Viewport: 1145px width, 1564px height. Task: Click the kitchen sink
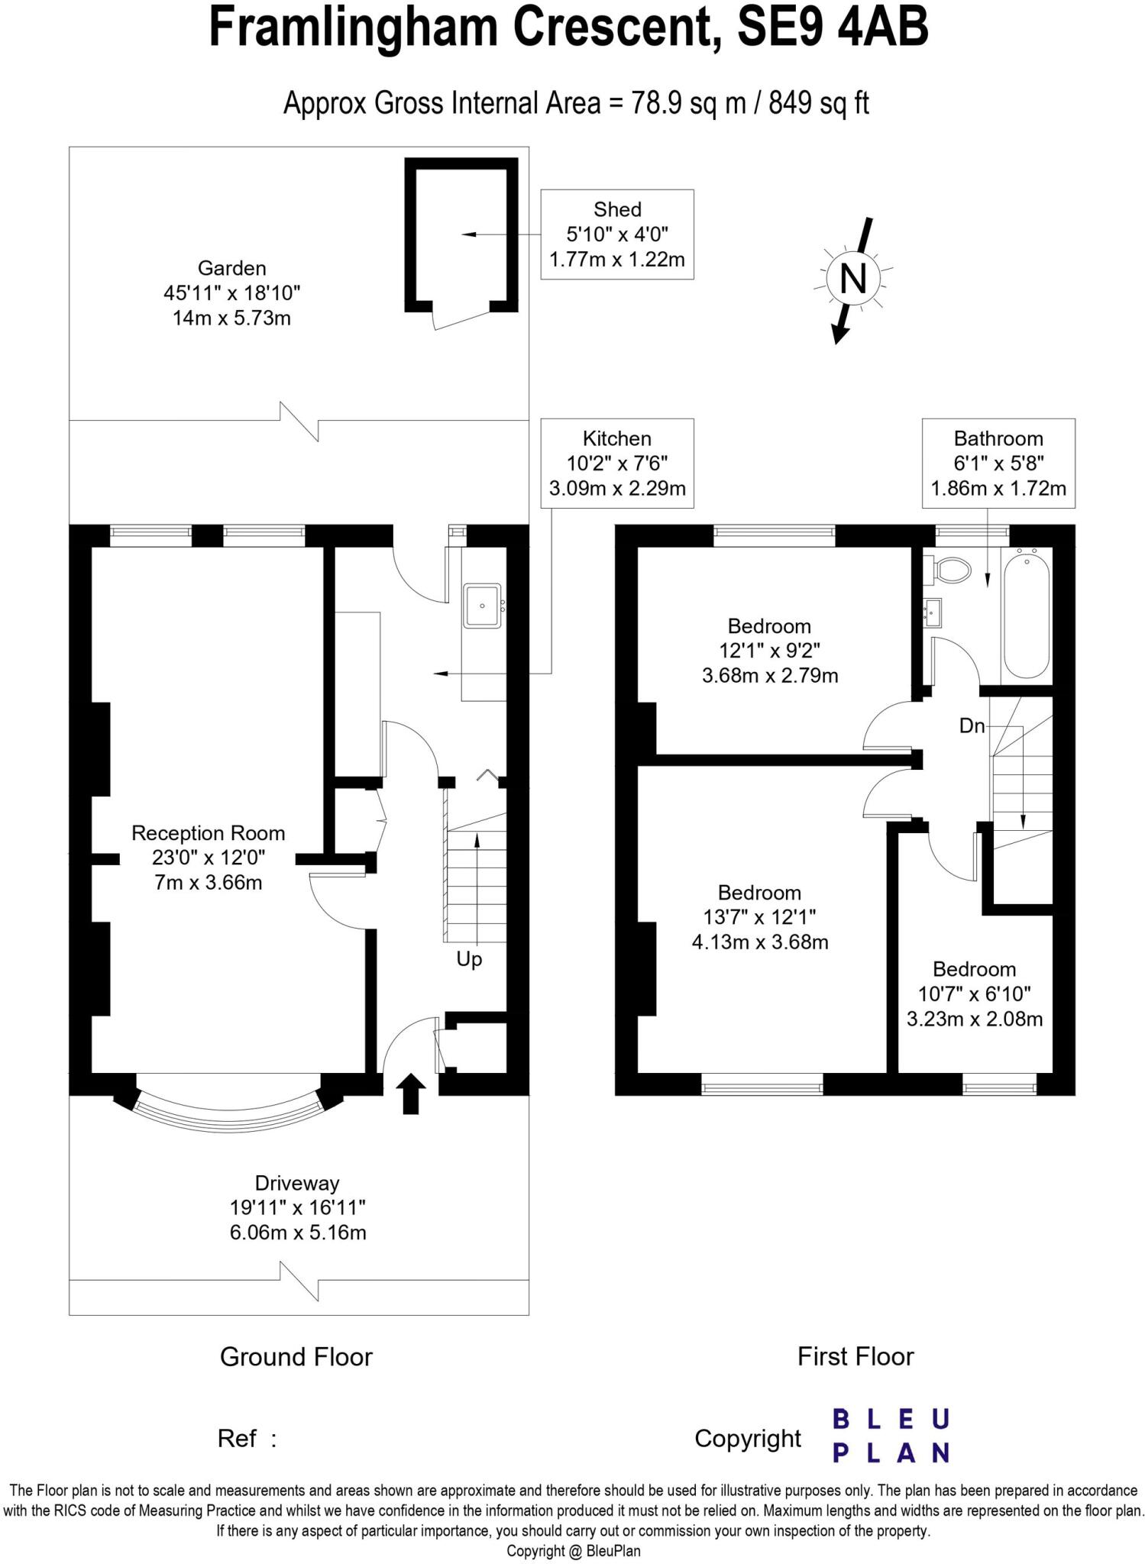pyautogui.click(x=482, y=606)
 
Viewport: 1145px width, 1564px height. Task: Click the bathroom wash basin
pyautogui.click(x=932, y=612)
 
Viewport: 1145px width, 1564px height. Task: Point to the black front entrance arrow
pyautogui.click(x=411, y=1093)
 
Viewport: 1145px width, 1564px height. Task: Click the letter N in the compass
pyautogui.click(x=852, y=279)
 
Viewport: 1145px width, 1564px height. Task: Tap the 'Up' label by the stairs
pyautogui.click(x=469, y=959)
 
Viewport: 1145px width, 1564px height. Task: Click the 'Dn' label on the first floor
pyautogui.click(x=972, y=726)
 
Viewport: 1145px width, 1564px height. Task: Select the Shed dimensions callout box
pyautogui.click(x=616, y=234)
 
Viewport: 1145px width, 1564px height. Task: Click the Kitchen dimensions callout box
pyautogui.click(x=616, y=463)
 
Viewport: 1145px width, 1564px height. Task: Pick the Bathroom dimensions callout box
pyautogui.click(x=998, y=463)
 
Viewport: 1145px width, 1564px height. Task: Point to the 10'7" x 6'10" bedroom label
pyautogui.click(x=974, y=994)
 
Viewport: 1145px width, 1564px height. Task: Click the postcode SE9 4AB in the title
pyautogui.click(x=832, y=27)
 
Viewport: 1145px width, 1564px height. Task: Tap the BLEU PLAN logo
pyautogui.click(x=890, y=1436)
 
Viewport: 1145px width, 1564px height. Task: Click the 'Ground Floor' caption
pyautogui.click(x=296, y=1356)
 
